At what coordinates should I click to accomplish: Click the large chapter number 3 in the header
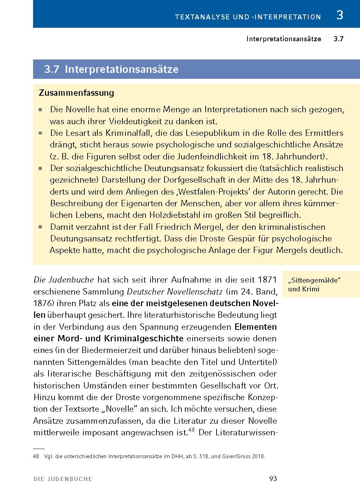[340, 15]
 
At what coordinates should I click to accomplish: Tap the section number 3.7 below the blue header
[338, 39]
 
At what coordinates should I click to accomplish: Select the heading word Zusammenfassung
[76, 93]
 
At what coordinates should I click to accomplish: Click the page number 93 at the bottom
[273, 479]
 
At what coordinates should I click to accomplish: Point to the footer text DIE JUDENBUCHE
[63, 479]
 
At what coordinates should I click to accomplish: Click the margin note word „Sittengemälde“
[315, 281]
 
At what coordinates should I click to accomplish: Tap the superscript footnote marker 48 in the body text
[192, 430]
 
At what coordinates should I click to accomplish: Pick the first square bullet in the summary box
[41, 110]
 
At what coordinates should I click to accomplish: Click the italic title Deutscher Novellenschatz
[174, 292]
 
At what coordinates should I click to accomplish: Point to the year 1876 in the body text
[44, 303]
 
